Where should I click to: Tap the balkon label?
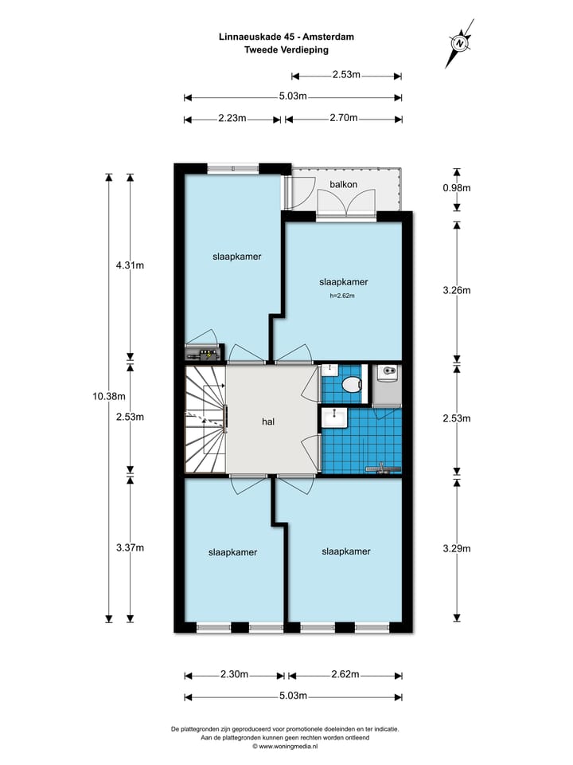click(343, 185)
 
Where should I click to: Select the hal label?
click(268, 422)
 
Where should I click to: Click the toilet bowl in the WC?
click(349, 386)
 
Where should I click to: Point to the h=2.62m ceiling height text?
click(341, 296)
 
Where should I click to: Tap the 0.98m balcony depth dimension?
click(457, 189)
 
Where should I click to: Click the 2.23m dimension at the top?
click(231, 119)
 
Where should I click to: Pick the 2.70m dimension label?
click(342, 119)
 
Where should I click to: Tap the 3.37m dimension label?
click(130, 547)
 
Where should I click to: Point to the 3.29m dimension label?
click(457, 548)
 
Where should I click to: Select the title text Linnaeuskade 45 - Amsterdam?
click(286, 36)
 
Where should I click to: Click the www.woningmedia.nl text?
click(286, 747)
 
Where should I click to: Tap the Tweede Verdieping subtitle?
click(286, 49)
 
